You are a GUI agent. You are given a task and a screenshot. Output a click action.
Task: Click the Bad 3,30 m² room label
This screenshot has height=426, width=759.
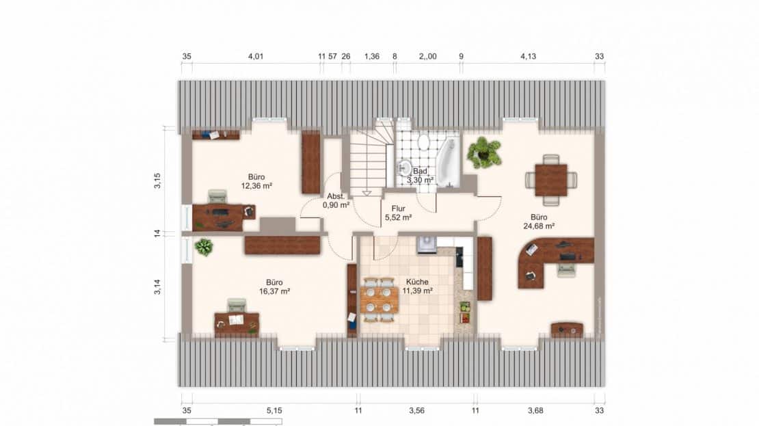(420, 175)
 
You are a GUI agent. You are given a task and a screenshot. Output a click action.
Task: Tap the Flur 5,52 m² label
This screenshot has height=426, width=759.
(398, 213)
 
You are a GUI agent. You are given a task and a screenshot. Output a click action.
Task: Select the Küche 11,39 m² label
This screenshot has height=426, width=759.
(417, 286)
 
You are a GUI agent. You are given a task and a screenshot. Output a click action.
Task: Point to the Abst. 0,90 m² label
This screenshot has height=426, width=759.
(336, 200)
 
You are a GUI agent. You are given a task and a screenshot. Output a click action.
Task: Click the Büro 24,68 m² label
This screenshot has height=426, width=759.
(539, 222)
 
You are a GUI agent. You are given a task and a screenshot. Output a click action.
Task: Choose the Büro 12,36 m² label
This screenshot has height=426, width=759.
(256, 181)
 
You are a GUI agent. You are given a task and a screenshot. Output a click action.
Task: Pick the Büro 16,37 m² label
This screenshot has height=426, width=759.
(274, 287)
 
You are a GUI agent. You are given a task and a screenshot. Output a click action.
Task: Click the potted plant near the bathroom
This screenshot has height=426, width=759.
(483, 153)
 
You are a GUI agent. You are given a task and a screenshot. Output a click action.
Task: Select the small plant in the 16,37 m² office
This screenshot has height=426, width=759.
(204, 247)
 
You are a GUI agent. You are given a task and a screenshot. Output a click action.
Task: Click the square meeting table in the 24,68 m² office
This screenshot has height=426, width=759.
(551, 180)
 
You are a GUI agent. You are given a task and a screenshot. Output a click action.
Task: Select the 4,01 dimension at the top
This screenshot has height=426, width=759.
(256, 56)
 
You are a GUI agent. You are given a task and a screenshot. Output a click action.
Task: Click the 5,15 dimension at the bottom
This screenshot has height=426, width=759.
(274, 410)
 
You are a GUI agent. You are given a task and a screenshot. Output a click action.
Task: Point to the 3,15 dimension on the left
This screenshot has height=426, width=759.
(157, 180)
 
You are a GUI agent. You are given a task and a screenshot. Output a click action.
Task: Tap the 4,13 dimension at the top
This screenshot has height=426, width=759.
(528, 56)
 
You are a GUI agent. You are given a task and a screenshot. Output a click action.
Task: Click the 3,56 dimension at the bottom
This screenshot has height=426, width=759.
(416, 410)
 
